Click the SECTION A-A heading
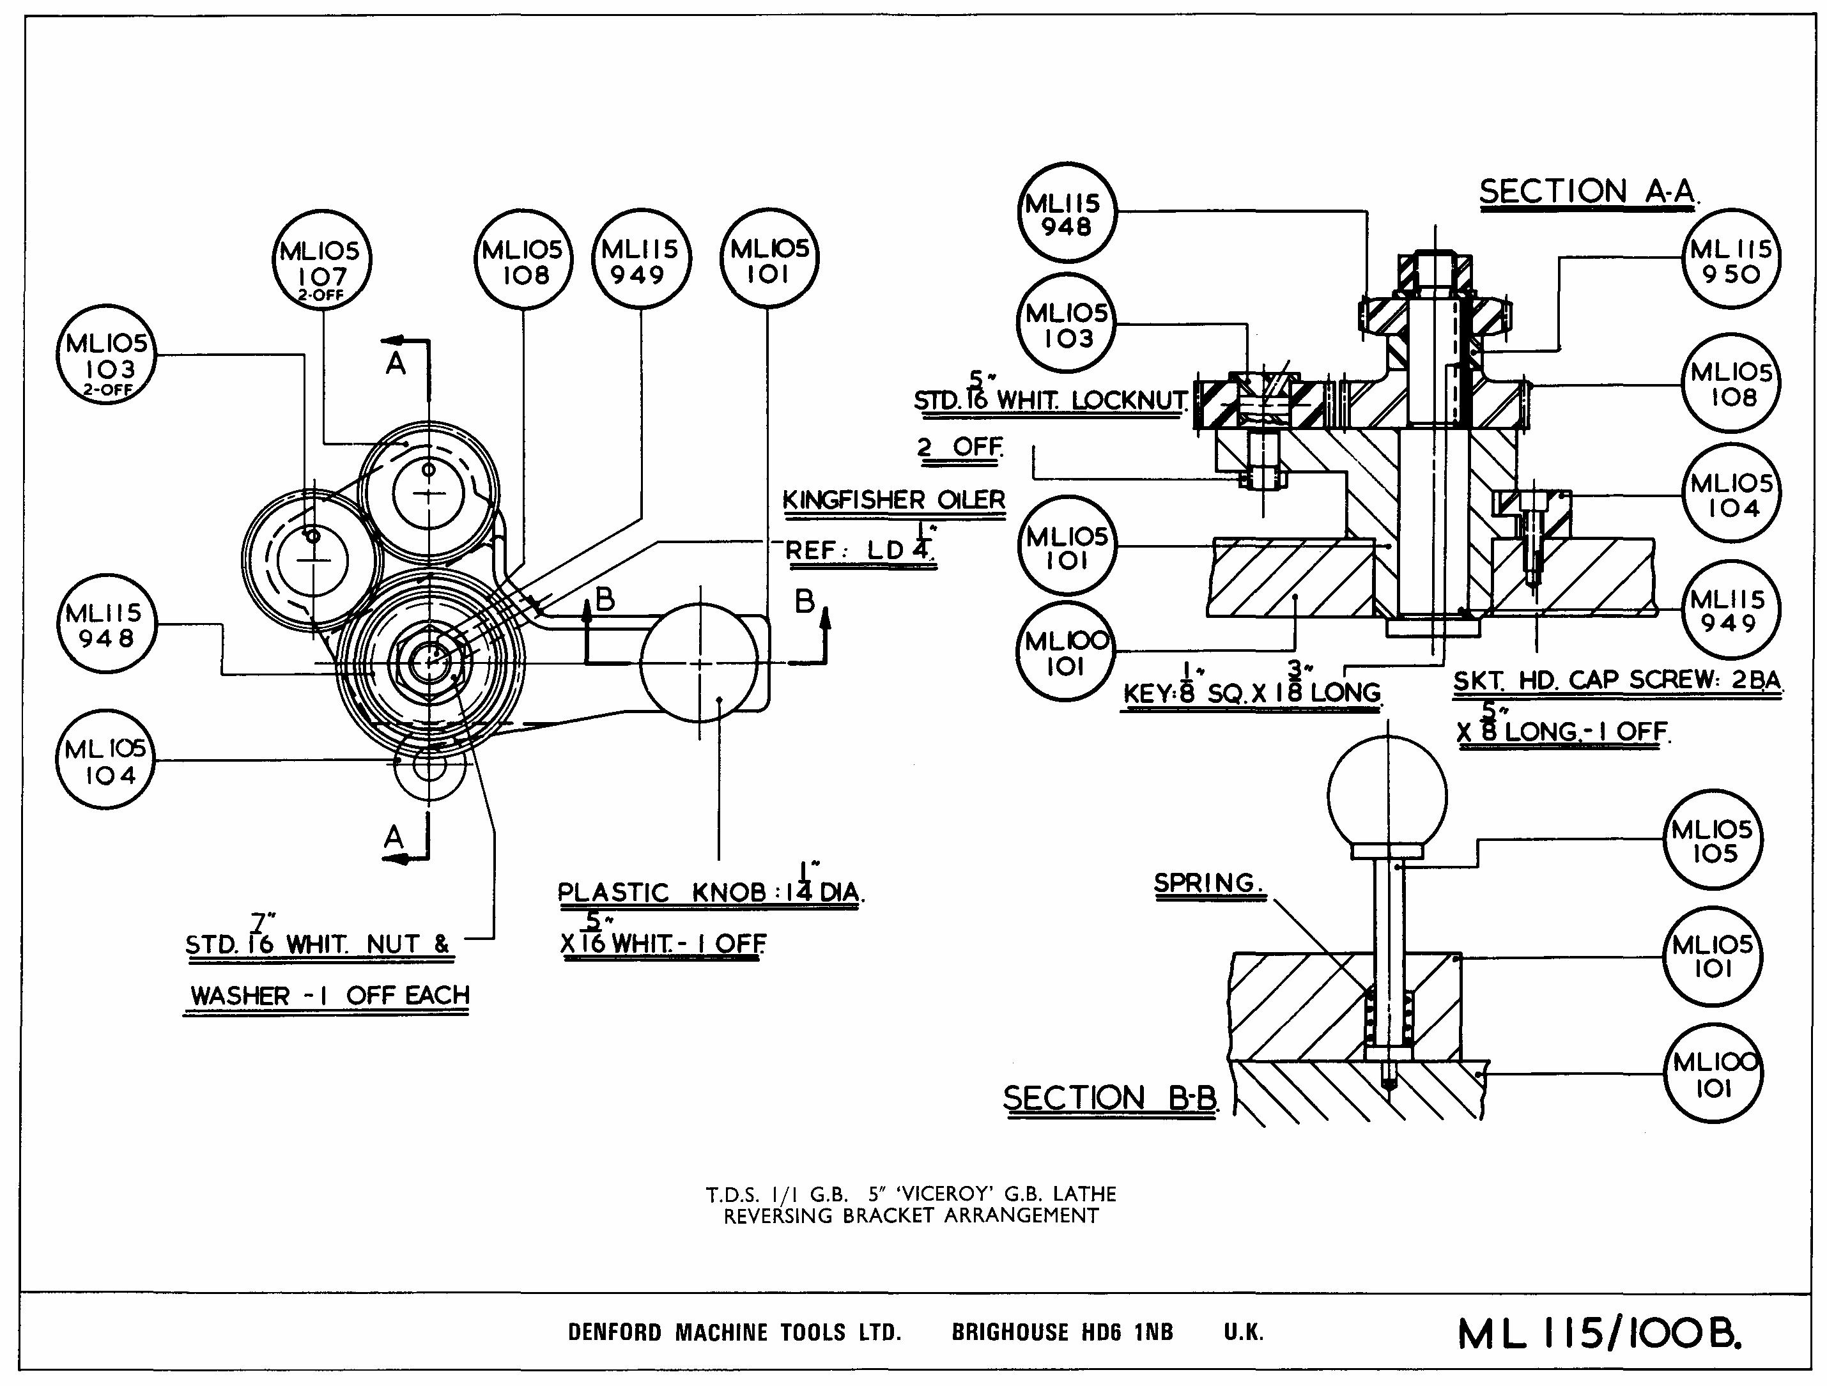1587,192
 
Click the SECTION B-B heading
1109,1098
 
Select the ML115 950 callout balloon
1731,261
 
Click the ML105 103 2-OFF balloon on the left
107,355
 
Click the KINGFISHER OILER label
893,500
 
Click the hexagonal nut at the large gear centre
429,663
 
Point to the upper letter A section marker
396,364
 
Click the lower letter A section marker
394,838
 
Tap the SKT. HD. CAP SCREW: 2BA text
1616,681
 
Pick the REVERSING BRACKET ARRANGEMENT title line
911,1217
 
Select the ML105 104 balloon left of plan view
105,760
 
